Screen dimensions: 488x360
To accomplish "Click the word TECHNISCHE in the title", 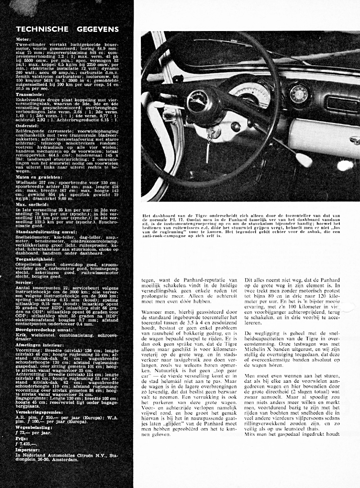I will tap(41, 29).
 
